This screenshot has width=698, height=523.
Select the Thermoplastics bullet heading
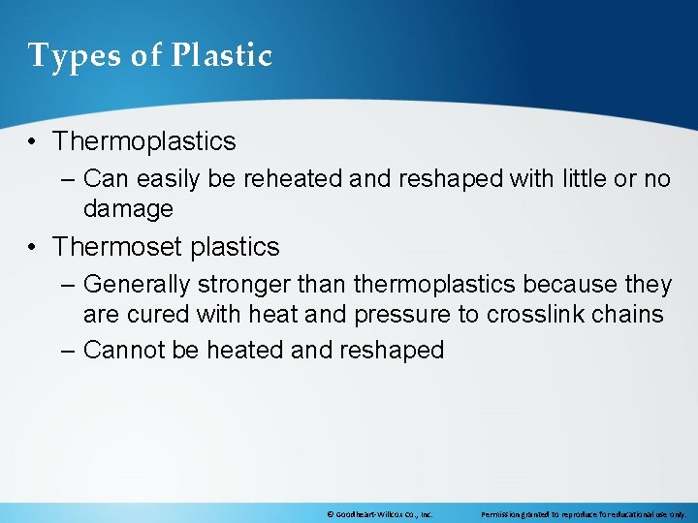144,141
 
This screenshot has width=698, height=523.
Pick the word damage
128,208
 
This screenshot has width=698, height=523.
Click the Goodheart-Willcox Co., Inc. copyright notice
379,514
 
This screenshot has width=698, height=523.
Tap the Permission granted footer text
583,514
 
